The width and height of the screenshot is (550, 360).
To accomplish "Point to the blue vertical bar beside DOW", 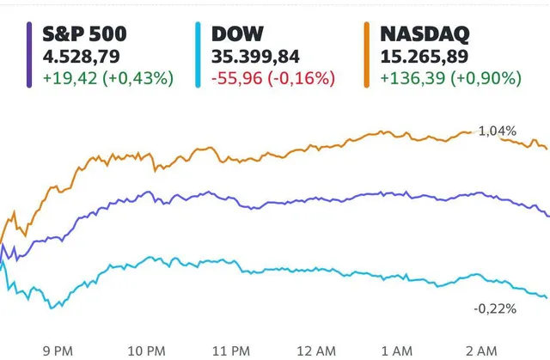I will coord(196,55).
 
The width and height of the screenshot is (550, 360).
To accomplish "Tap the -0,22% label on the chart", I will coord(495,308).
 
